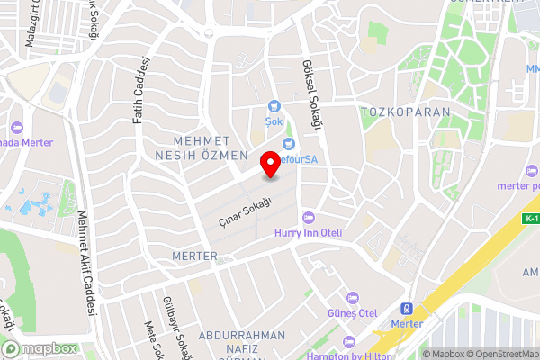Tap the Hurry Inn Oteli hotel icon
[x=309, y=217]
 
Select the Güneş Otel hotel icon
[x=354, y=298]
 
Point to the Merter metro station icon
[x=407, y=308]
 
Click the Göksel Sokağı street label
[x=312, y=97]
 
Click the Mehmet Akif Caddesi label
[x=86, y=261]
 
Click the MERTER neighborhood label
[x=194, y=256]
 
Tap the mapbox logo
[x=40, y=348]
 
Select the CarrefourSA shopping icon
[x=289, y=144]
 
